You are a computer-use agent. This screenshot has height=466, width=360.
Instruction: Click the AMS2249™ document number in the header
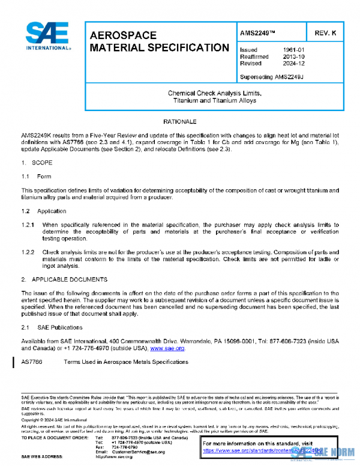(257, 34)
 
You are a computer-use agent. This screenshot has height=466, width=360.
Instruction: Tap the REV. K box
(326, 34)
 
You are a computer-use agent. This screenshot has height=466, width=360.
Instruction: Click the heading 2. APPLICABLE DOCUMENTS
(64, 279)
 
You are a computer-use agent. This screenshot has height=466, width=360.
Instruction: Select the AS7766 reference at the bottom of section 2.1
(31, 362)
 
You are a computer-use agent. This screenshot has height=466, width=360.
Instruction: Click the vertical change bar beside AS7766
(14, 362)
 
